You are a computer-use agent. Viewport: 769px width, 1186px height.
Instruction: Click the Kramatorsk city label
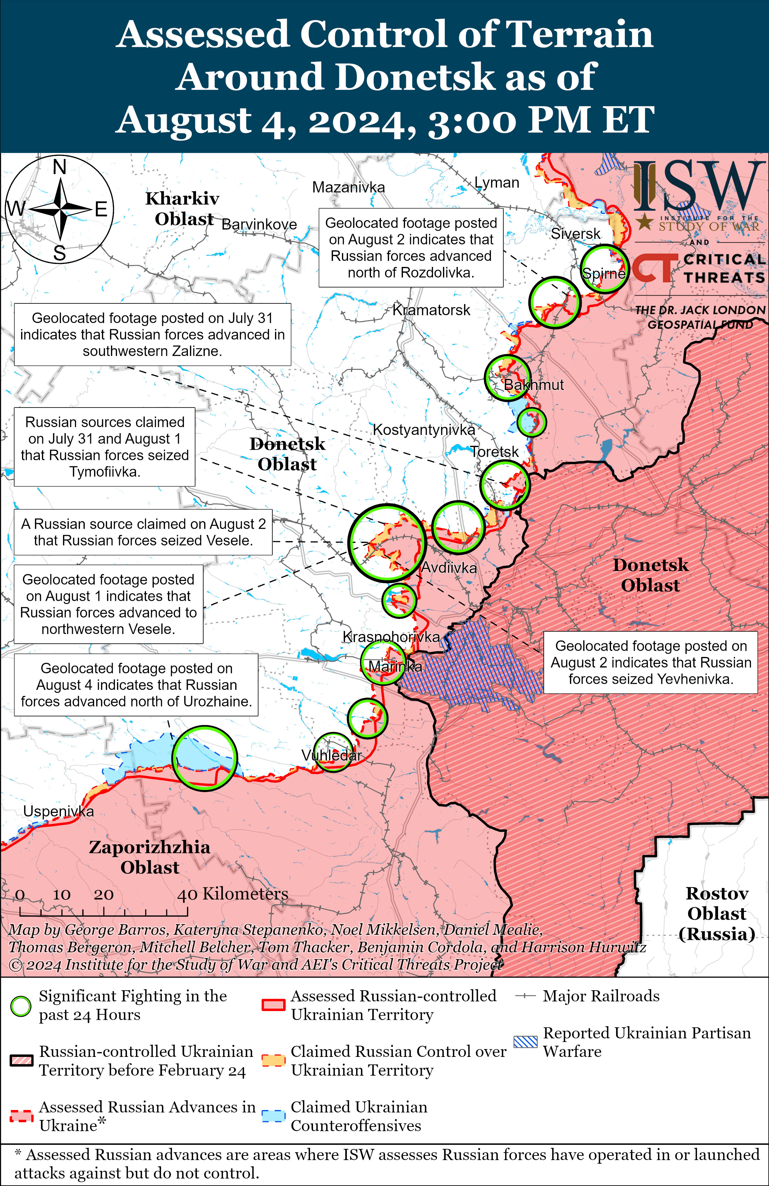tap(431, 310)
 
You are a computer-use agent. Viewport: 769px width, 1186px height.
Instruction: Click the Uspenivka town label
tap(58, 811)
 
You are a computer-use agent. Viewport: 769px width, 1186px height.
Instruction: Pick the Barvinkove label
tap(259, 225)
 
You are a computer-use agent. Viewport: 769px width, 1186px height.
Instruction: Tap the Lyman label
tap(496, 183)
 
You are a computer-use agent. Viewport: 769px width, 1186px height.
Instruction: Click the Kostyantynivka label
tap(424, 430)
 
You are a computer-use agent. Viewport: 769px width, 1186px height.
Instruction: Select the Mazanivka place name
tap(348, 187)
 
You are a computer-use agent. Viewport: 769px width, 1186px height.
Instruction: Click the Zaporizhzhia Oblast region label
tap(150, 857)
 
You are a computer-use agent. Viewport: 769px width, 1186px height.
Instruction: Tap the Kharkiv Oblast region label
tap(182, 209)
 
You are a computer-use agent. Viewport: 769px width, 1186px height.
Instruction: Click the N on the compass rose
tap(60, 167)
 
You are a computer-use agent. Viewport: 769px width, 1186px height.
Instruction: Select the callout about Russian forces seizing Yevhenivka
tap(650, 662)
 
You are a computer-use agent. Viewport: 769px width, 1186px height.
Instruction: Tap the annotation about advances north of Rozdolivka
tap(411, 248)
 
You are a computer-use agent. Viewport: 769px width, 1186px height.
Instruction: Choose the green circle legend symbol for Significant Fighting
tap(21, 1006)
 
